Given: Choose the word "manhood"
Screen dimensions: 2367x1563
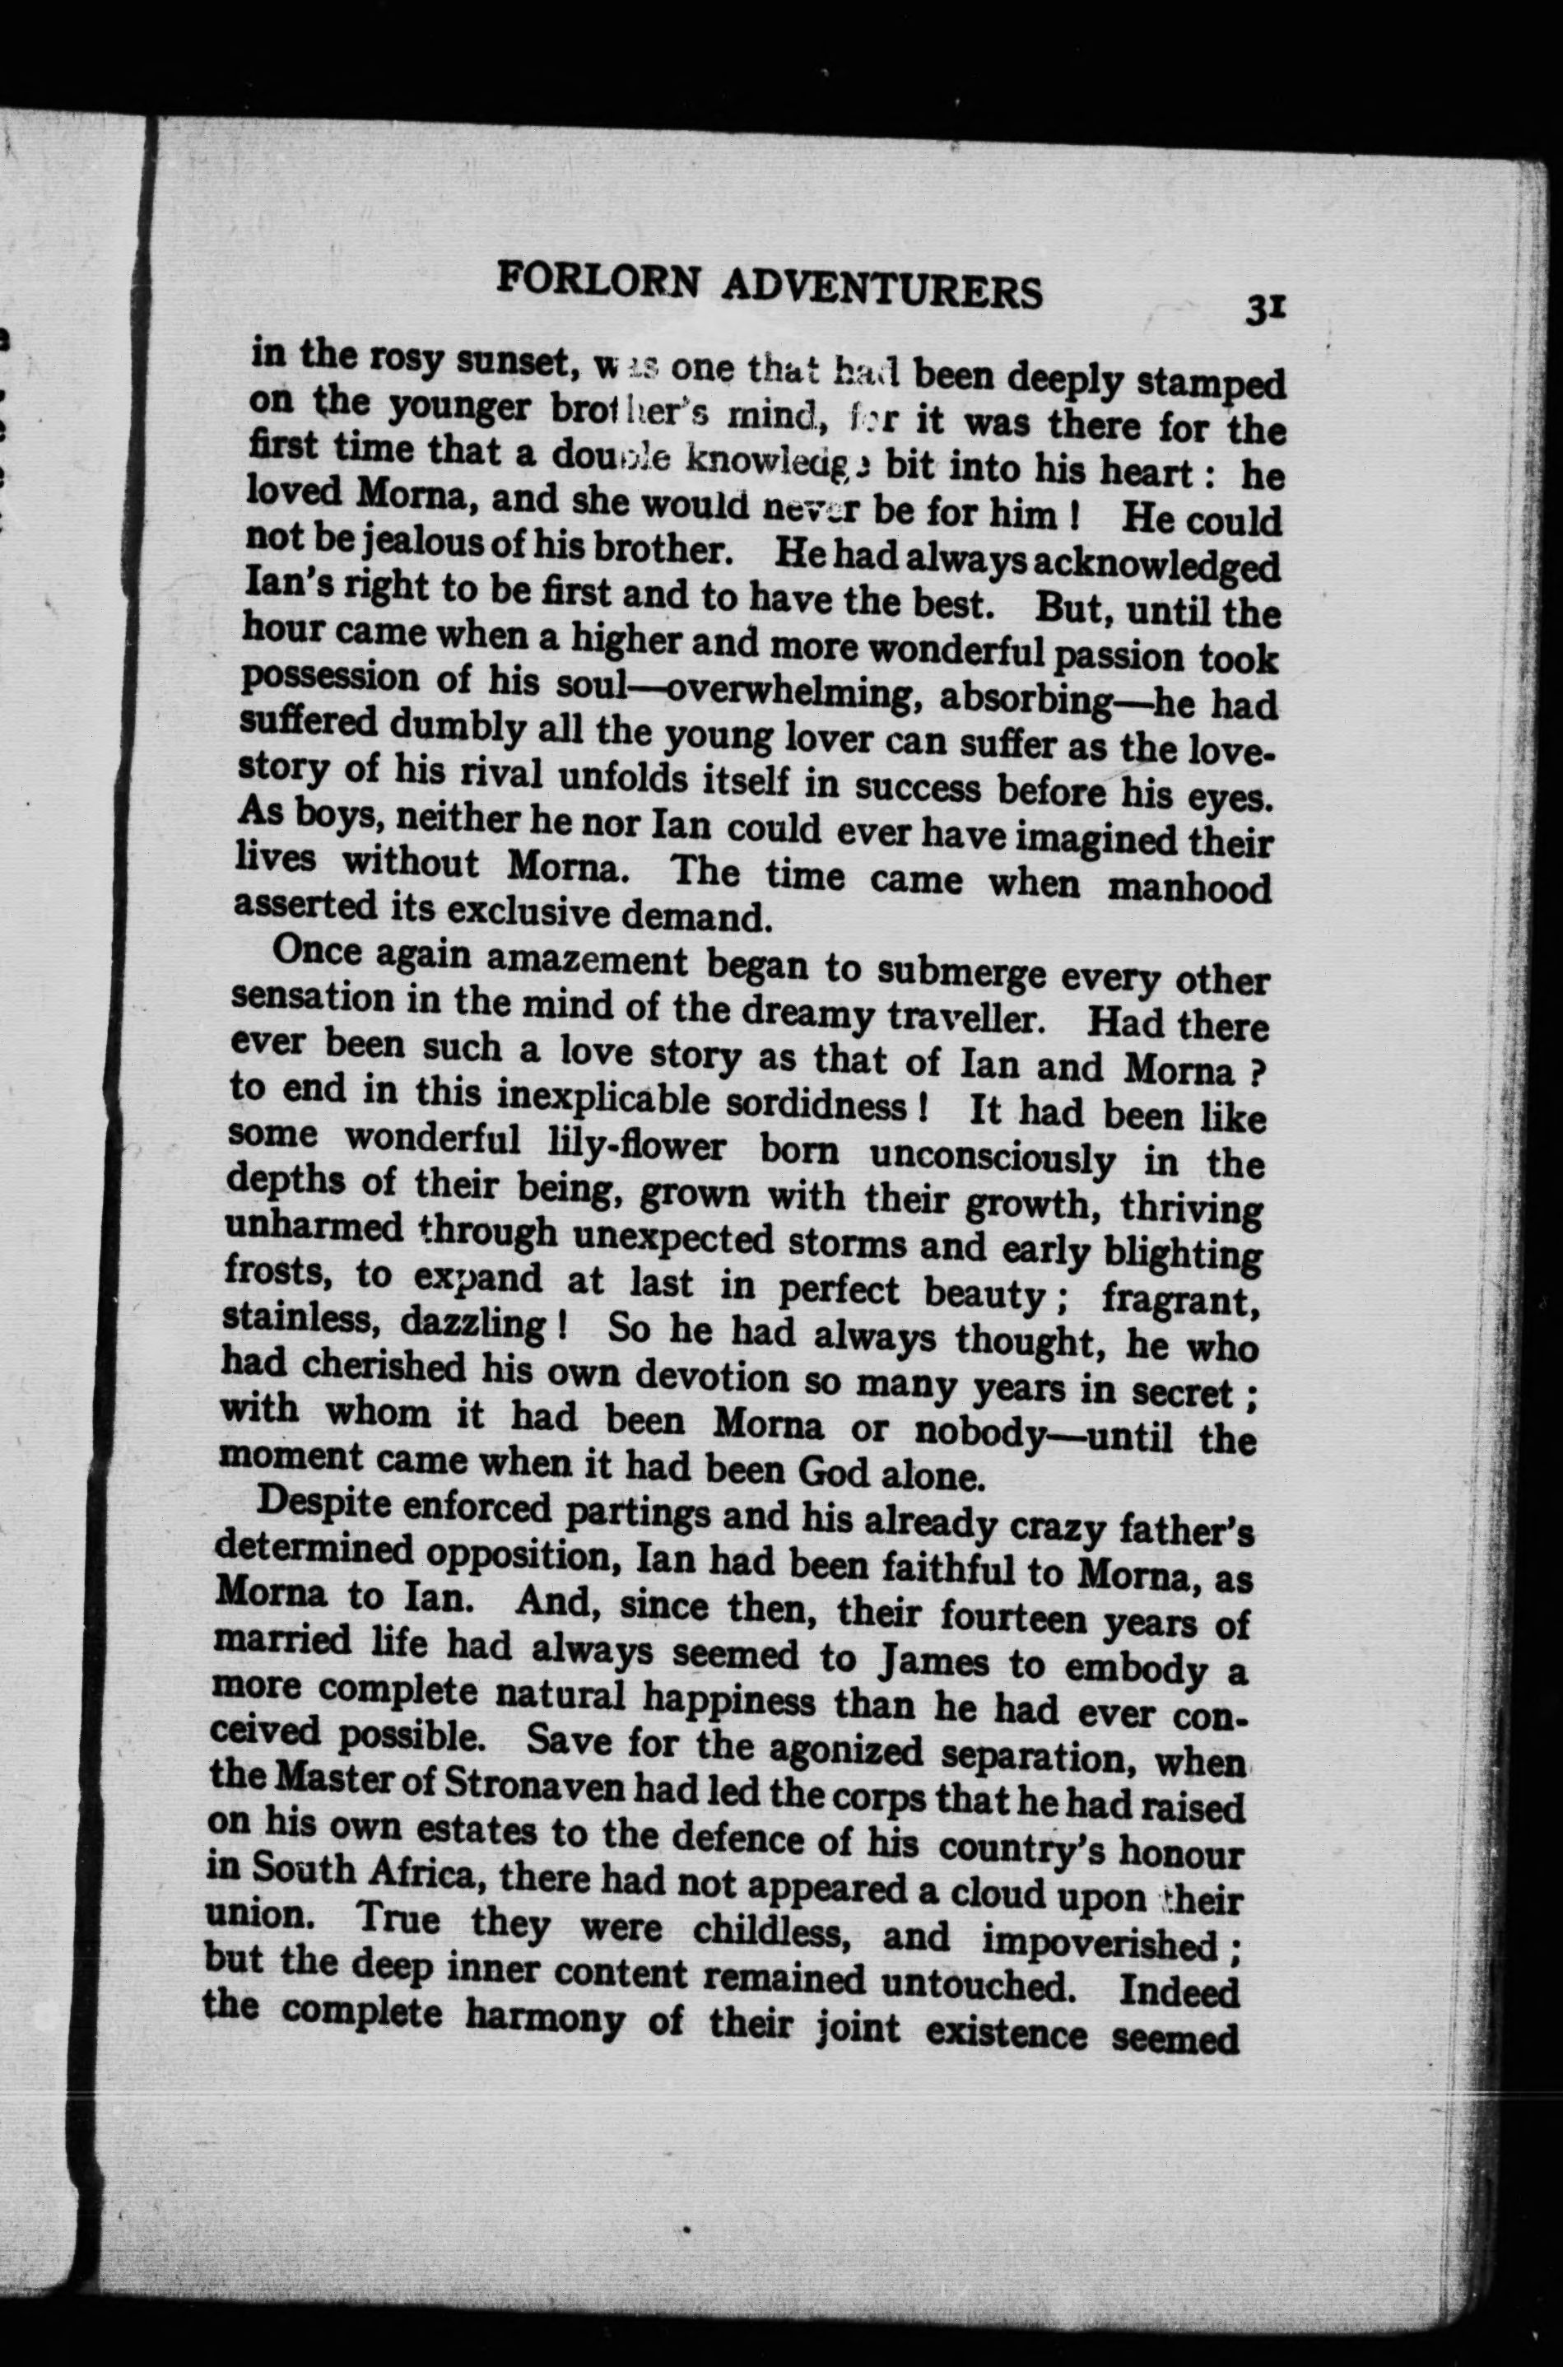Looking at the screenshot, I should [1189, 887].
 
